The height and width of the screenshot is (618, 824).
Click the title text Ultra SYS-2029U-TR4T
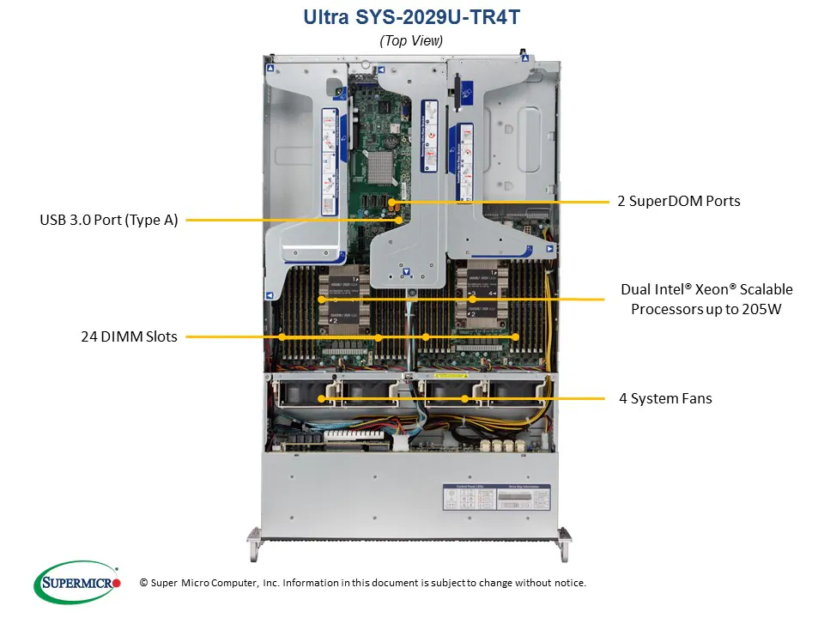(x=411, y=16)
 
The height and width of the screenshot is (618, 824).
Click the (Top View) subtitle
(x=411, y=39)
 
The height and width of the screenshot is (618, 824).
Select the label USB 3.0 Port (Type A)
(x=109, y=221)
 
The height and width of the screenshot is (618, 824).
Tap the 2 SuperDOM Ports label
(x=679, y=201)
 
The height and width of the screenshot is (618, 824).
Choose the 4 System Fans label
(x=665, y=398)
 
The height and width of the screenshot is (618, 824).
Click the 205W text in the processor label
(x=762, y=309)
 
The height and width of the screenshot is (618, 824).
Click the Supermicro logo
(x=76, y=582)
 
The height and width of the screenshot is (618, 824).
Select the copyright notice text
(x=362, y=583)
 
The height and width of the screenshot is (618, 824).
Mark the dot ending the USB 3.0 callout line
(x=400, y=221)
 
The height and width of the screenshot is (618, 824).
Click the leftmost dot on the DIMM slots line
(x=281, y=337)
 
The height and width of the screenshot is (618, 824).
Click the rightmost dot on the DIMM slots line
(x=515, y=337)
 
